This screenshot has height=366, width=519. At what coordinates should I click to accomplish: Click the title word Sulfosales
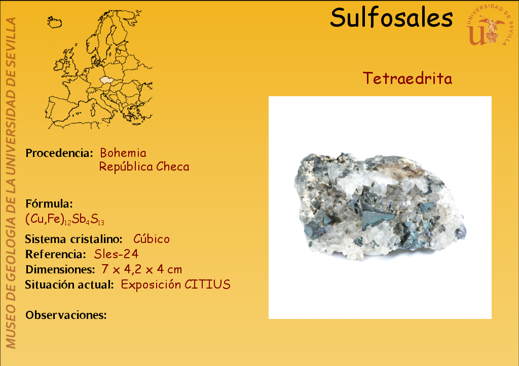391,18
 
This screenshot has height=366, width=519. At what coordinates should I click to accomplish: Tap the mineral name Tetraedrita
407,78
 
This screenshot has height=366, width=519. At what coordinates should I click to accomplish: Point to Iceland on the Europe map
54,22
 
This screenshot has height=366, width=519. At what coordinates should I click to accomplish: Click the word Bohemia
123,153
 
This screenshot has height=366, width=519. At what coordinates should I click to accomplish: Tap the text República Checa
144,167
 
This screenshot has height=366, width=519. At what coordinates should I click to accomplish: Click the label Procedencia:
59,153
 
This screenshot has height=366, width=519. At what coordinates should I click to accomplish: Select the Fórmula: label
49,204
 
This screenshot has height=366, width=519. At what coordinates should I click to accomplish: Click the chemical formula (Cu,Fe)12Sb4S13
65,219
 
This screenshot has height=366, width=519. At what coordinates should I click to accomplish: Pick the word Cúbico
151,238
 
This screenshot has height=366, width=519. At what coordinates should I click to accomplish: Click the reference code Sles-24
116,254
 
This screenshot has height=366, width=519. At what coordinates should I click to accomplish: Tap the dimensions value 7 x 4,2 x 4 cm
142,269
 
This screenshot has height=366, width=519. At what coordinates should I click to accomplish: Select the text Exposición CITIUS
175,284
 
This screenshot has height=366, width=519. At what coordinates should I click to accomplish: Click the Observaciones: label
66,315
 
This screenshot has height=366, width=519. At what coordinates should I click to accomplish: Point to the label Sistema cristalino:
74,239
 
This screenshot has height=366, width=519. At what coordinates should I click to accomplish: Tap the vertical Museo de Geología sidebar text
11,183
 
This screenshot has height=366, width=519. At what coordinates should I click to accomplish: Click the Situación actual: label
69,284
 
